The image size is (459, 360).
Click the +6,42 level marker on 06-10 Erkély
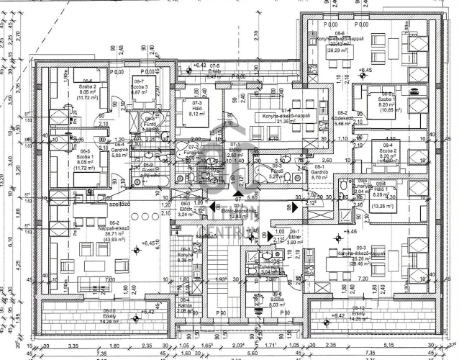[147, 312]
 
